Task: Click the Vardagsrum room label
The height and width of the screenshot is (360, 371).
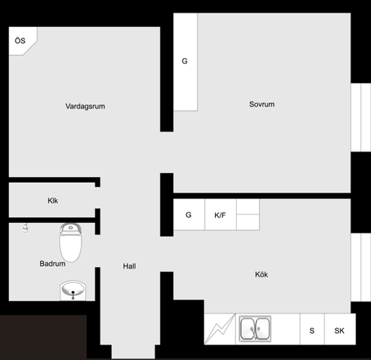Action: coord(85,106)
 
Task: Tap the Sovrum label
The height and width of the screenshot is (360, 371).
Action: coord(261,104)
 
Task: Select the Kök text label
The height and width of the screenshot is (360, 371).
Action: coord(261,274)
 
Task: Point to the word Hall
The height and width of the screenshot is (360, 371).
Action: coord(129,266)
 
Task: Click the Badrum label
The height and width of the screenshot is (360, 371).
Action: coord(52,264)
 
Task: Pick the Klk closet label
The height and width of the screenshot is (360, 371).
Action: coord(53,200)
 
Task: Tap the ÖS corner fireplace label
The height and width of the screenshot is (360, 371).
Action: coord(20,41)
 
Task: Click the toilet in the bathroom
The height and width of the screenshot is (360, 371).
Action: coord(70,243)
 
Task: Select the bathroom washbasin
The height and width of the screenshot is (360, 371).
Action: coord(73,290)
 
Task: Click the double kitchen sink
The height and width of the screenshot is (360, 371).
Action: coord(255,329)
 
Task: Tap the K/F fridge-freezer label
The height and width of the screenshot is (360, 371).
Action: coord(220,215)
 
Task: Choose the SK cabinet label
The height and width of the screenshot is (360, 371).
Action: coord(339,330)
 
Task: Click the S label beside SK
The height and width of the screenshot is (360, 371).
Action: coord(312,330)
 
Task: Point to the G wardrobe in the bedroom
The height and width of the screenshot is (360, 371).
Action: coord(185,62)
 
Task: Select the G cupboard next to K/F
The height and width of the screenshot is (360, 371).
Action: coord(189,214)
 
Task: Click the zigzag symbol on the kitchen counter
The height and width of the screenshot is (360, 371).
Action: coord(220,329)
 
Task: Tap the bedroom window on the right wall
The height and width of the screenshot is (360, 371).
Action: coord(360,117)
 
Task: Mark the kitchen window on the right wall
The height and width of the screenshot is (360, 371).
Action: coord(360,267)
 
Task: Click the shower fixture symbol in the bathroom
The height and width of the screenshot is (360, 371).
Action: coord(26,227)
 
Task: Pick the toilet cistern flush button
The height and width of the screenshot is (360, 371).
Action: coord(70,228)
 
